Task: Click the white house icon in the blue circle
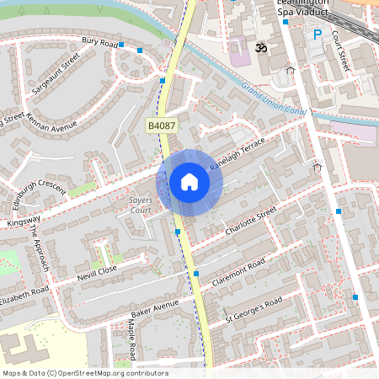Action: [x=189, y=182]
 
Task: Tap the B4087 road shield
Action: [x=162, y=125]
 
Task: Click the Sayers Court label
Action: [x=135, y=205]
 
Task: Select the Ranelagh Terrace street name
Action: [x=237, y=154]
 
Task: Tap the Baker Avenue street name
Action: [x=155, y=306]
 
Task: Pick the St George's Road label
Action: [x=253, y=312]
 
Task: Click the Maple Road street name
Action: [x=132, y=334]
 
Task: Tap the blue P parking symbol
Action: [x=318, y=35]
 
